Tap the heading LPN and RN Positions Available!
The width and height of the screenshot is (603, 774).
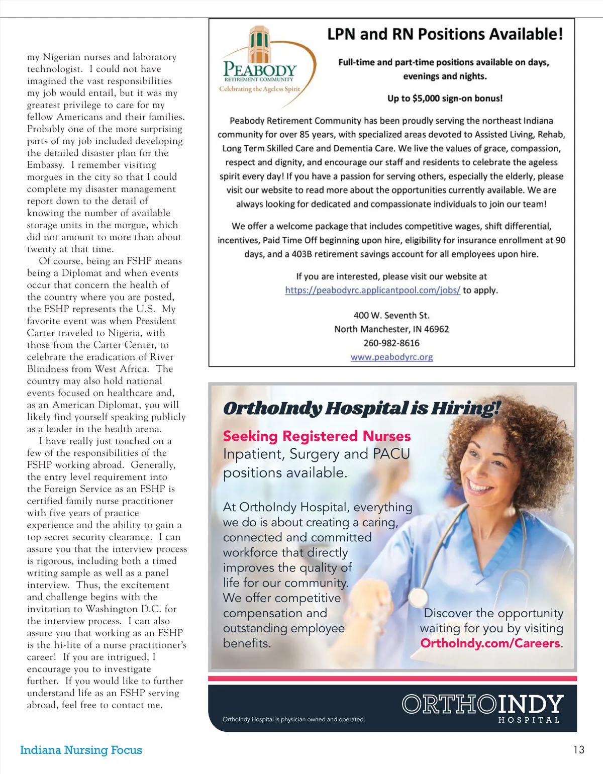pos(445,34)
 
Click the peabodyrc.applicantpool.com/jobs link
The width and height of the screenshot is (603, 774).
pos(372,290)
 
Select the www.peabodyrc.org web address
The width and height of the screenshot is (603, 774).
pos(391,357)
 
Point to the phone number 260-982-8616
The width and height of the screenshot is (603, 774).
pos(391,343)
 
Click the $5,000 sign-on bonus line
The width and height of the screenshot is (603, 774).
pos(445,99)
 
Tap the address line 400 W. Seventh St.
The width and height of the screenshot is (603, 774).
pos(391,315)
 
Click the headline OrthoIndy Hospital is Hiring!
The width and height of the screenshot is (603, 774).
pos(362,408)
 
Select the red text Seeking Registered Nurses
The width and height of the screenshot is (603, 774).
pos(317,436)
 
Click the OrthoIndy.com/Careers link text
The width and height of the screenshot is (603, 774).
pos(490,643)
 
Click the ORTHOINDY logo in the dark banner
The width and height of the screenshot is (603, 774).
pos(482,705)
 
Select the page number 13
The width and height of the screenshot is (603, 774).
pos(579,750)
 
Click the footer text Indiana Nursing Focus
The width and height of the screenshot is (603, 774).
pos(81,750)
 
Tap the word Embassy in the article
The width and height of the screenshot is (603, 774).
pos(45,165)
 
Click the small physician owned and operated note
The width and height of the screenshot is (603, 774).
pos(293,719)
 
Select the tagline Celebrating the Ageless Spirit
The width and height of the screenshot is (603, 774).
pos(259,89)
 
